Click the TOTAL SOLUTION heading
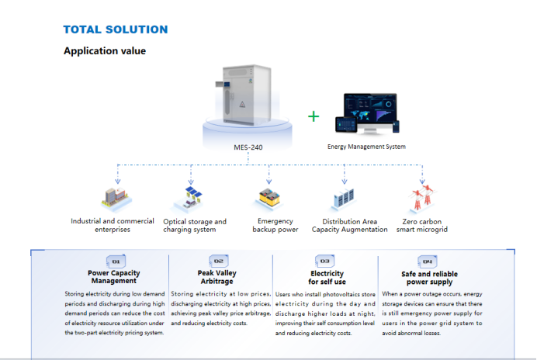(115, 29)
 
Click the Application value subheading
(104, 51)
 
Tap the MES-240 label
(248, 146)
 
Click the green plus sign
(314, 116)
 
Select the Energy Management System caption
(366, 146)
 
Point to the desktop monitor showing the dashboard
(371, 116)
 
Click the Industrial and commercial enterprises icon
(112, 199)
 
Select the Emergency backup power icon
(267, 199)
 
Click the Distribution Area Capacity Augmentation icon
(345, 199)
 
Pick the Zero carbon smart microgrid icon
(421, 198)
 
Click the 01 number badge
(114, 261)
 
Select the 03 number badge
(324, 261)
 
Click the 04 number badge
(427, 261)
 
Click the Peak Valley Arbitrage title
(218, 277)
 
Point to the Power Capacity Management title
(114, 277)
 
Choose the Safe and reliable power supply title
(429, 278)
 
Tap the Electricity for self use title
(327, 277)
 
